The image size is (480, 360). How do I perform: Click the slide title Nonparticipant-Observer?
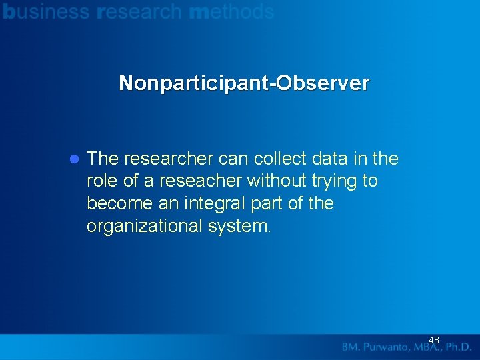[243, 83]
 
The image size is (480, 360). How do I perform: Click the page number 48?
[433, 340]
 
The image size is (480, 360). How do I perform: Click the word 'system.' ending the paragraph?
[239, 226]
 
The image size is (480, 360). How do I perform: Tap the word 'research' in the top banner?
[139, 12]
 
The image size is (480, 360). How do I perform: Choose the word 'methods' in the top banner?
[231, 12]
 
